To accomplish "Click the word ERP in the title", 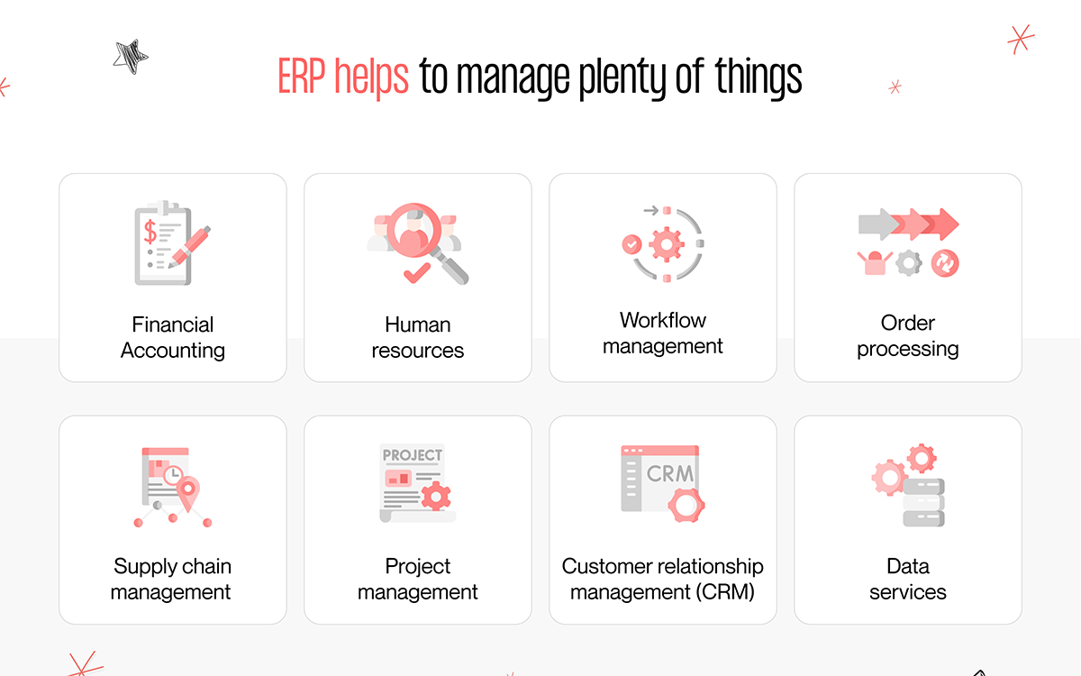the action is click(x=301, y=77).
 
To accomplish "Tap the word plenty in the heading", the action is click(x=622, y=78).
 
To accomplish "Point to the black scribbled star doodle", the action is click(x=131, y=57).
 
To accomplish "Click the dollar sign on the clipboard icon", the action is click(x=150, y=232).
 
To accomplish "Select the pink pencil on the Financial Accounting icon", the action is click(x=190, y=247).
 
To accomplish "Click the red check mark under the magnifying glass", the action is click(x=416, y=273).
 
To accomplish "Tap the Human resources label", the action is click(x=417, y=337).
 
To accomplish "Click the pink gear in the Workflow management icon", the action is click(x=667, y=244).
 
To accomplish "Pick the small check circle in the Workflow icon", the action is click(x=631, y=244).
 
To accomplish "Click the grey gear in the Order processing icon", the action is click(x=909, y=263).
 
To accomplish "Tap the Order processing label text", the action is click(x=908, y=335).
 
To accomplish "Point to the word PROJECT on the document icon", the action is click(x=413, y=455).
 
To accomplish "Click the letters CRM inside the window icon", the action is click(x=670, y=474).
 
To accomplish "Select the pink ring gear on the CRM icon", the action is click(x=686, y=505).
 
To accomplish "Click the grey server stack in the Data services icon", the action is click(x=923, y=502).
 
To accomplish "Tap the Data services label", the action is click(x=908, y=579).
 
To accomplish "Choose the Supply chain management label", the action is click(x=171, y=579).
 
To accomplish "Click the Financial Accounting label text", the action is click(x=173, y=337).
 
